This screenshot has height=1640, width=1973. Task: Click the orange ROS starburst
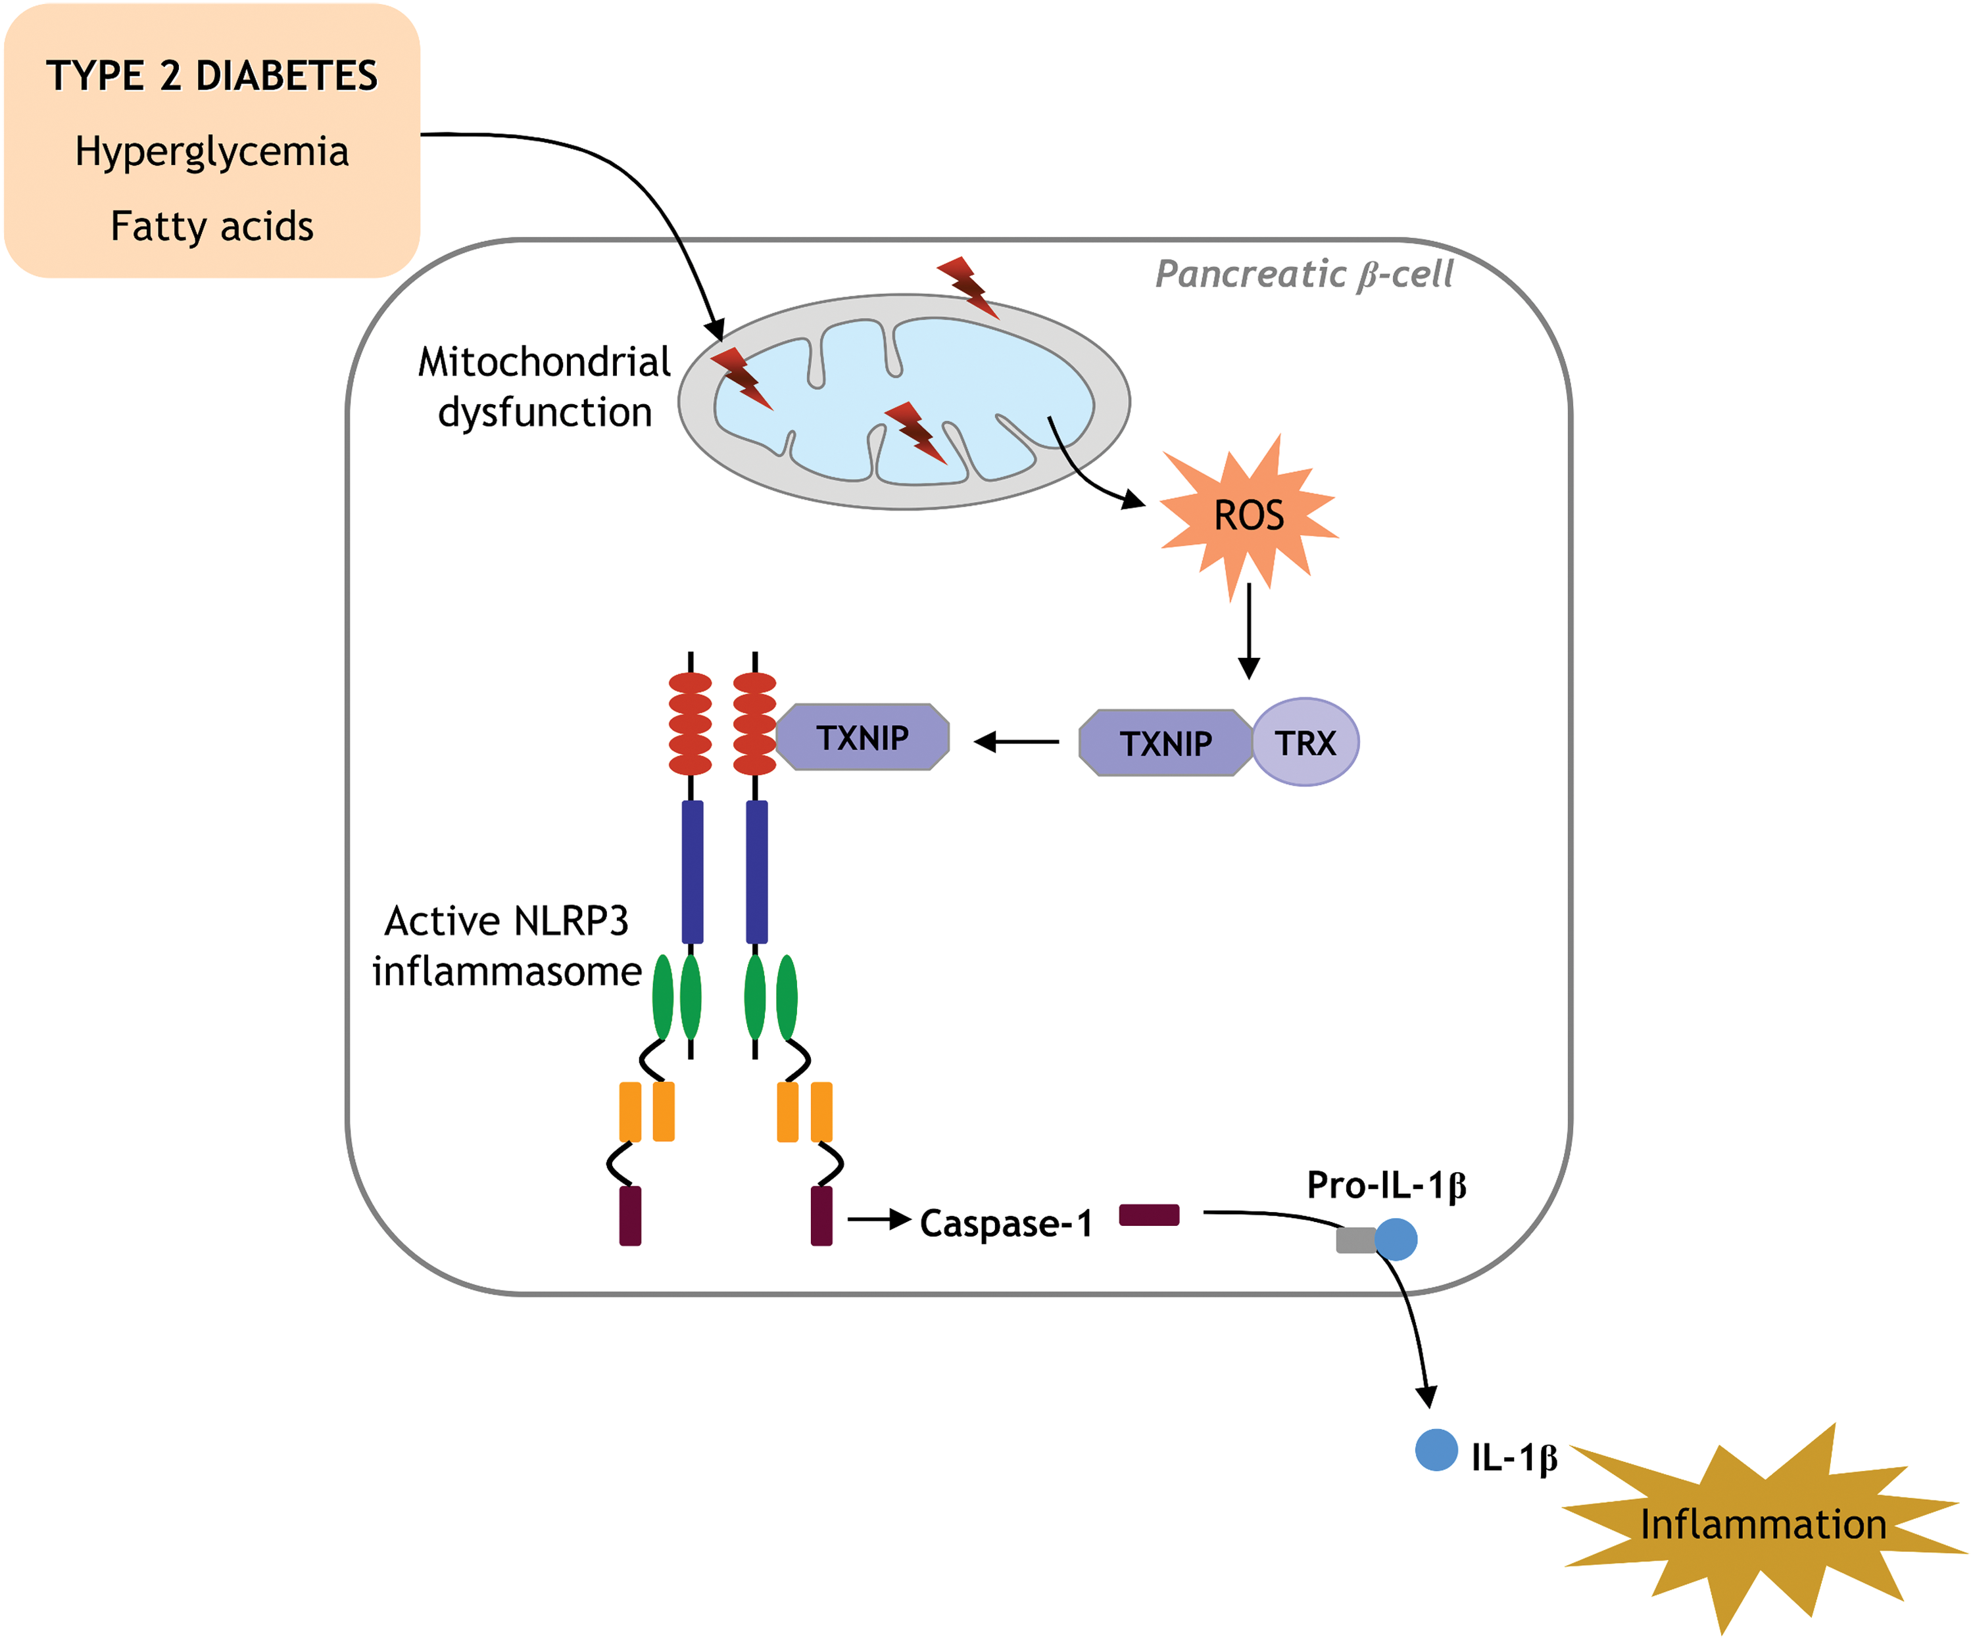tap(1249, 517)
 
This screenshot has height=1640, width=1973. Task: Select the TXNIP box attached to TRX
tap(1166, 743)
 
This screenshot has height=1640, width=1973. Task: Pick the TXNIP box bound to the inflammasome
tap(862, 738)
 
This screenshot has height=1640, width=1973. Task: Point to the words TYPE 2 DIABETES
tap(212, 76)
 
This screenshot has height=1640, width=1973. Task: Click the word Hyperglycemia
tap(212, 151)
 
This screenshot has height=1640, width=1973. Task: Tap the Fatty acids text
tap(212, 226)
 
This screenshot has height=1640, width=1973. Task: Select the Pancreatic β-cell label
tap(1304, 274)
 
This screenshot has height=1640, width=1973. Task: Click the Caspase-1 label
tap(1006, 1223)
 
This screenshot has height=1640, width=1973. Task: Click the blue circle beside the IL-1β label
tap(1436, 1449)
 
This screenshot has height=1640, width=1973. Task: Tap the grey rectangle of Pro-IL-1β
tap(1355, 1240)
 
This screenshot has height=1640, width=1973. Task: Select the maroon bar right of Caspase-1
tap(1149, 1215)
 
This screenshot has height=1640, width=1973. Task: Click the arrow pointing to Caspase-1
tap(879, 1219)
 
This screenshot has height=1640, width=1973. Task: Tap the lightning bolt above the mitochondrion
tap(967, 287)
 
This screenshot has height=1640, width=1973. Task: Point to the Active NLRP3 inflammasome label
tap(507, 946)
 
